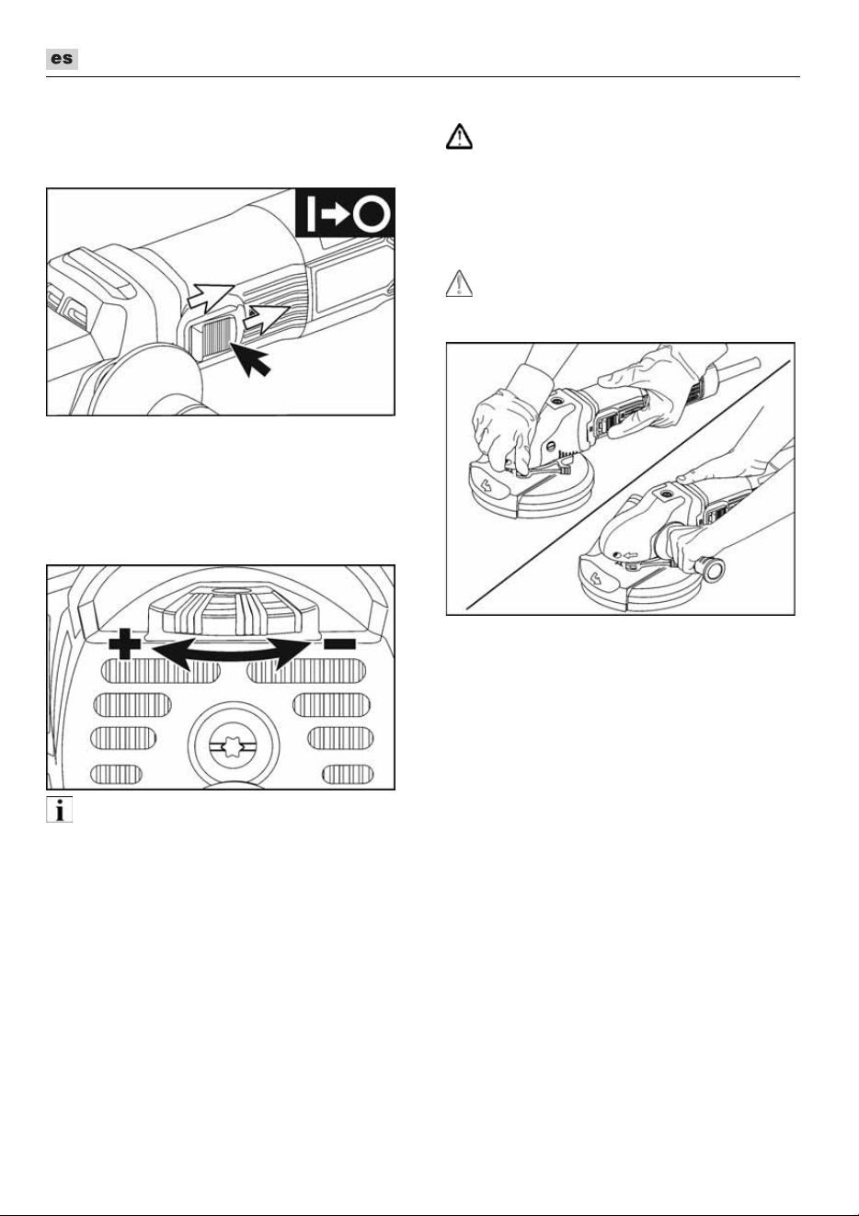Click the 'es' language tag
[62, 59]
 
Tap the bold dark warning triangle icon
[459, 136]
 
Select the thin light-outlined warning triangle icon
[459, 283]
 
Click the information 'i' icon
[59, 810]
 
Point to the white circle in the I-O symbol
[372, 214]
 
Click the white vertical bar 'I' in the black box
[310, 214]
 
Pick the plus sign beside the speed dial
[125, 643]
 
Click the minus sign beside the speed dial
[339, 643]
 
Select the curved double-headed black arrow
[232, 653]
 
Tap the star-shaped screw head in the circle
[234, 747]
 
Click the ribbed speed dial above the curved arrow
[234, 609]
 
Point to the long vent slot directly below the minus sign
[306, 671]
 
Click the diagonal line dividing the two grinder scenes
[627, 485]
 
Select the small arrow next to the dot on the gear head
[631, 555]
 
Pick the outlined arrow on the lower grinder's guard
[596, 577]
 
